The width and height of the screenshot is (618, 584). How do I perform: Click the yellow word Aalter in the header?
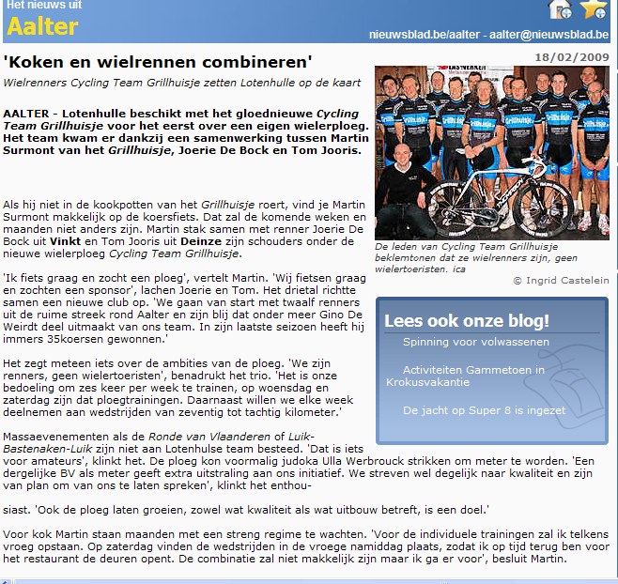(x=42, y=26)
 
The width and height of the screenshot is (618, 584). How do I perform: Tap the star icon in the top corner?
(x=593, y=9)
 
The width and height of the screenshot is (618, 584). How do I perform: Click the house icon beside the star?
(x=561, y=9)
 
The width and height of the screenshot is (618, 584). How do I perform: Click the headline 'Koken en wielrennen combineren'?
(x=158, y=63)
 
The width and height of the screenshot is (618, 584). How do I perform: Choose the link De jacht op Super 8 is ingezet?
(x=484, y=410)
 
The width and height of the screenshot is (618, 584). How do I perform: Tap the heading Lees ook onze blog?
(x=467, y=320)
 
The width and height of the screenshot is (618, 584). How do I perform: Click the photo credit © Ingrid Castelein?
(x=561, y=280)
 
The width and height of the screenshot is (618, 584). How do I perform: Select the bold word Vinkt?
(x=94, y=241)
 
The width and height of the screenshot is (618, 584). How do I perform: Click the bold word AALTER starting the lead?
(x=26, y=113)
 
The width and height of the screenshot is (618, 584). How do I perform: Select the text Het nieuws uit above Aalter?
(x=44, y=6)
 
